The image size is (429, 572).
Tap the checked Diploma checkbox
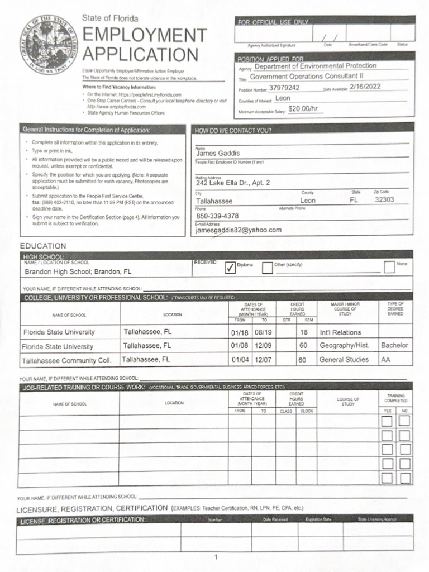(230, 268)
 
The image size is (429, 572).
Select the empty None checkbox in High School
(389, 268)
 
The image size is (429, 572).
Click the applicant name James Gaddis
(217, 154)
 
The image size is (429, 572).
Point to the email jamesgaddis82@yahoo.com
(239, 230)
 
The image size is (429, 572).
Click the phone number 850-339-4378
(217, 216)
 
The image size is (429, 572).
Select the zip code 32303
(384, 199)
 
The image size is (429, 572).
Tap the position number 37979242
(284, 88)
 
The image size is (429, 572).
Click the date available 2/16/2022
(365, 87)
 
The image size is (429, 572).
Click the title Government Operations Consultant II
(307, 77)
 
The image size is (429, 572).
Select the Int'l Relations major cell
(340, 332)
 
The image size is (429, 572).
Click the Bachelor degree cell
(394, 345)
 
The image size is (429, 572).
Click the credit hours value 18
(304, 332)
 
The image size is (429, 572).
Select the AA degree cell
(386, 360)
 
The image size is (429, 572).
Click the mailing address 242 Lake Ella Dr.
(232, 183)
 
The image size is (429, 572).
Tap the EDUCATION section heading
(43, 246)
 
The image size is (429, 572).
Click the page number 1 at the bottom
(216, 557)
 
